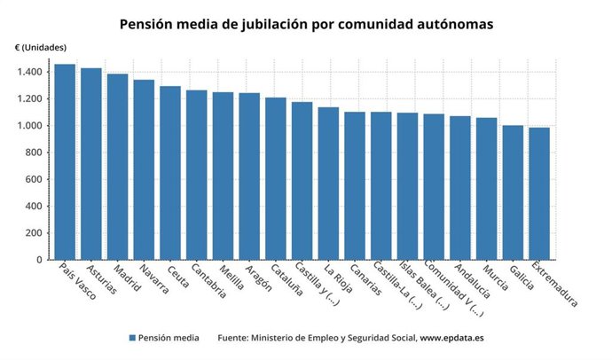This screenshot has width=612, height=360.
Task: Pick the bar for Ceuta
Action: tap(170, 173)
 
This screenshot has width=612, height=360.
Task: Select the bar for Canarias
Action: tap(355, 185)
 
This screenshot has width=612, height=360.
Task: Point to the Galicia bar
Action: tap(513, 192)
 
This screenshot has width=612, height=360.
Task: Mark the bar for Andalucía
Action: tap(460, 188)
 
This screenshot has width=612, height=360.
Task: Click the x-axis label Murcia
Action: tap(495, 278)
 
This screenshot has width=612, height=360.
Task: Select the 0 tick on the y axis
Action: tap(40, 260)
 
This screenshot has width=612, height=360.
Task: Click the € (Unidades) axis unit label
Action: tap(40, 46)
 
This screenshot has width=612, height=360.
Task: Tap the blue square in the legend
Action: tap(132, 338)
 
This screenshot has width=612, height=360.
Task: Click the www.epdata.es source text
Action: tap(451, 338)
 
